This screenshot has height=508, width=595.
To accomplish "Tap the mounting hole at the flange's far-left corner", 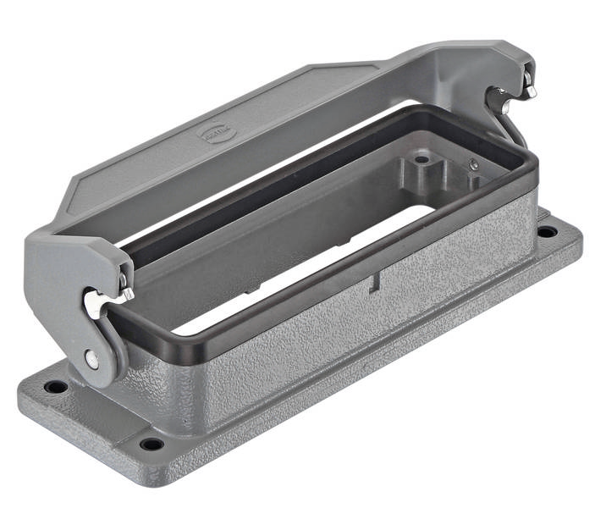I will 56,387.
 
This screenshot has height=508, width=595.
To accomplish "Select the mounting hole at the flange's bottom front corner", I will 152,444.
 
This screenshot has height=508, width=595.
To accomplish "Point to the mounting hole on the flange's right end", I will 547,230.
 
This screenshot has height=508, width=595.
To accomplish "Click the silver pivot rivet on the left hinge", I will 91,359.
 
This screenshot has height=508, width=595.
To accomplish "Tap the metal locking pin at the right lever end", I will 528,85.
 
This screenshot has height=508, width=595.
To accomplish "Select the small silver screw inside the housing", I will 473,164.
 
